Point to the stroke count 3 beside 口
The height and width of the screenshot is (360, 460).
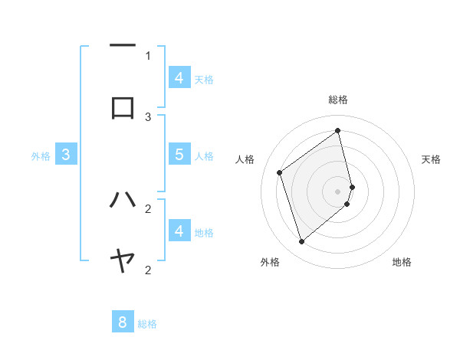[149, 116]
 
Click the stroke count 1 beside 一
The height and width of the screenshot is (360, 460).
[148, 55]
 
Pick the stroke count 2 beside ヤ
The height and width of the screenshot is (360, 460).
[148, 270]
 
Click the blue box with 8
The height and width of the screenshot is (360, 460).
[123, 322]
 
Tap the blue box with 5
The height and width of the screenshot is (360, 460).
[179, 154]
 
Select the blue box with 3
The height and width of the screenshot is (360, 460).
[66, 154]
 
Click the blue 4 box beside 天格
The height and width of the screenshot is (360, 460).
[179, 77]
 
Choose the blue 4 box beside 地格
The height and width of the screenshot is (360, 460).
[179, 231]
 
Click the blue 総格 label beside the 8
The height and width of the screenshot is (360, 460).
[147, 324]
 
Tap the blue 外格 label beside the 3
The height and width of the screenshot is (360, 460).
[41, 155]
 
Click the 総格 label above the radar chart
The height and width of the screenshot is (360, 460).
[338, 100]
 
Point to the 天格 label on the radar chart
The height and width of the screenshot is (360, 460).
[432, 159]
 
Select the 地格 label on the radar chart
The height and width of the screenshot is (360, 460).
[402, 262]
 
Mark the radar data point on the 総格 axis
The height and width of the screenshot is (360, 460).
[338, 130]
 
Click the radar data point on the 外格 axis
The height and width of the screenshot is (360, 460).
[301, 242]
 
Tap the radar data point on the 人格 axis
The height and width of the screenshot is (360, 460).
[280, 172]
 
